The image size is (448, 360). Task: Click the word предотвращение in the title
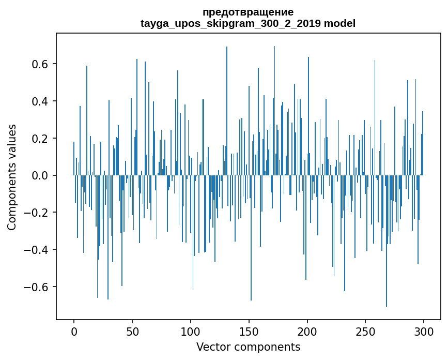(x=248, y=12)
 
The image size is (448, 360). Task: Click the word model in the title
(x=339, y=23)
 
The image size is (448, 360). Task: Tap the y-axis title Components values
(x=12, y=176)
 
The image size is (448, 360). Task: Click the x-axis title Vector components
(x=248, y=347)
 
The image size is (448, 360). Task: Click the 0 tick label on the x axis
(x=74, y=331)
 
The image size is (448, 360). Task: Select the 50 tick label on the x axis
(x=132, y=331)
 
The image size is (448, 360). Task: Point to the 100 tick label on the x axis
(x=191, y=331)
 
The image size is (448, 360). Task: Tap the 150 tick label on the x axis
(x=249, y=331)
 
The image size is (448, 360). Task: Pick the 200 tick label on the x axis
(x=307, y=331)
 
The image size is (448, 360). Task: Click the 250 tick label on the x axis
(x=366, y=331)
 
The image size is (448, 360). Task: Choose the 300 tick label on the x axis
(x=424, y=331)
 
